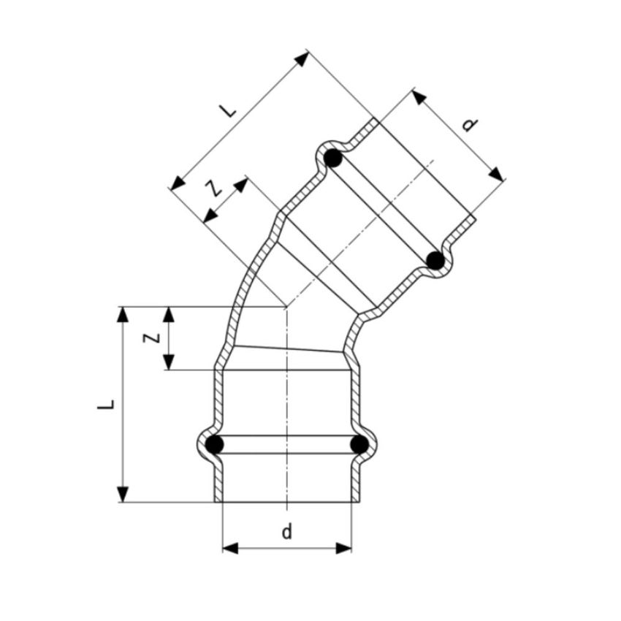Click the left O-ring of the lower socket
pyautogui.click(x=214, y=444)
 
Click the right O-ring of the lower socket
pyautogui.click(x=359, y=444)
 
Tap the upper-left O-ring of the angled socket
pyautogui.click(x=332, y=157)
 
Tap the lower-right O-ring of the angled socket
pyautogui.click(x=435, y=260)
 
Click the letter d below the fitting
pyautogui.click(x=286, y=532)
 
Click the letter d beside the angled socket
pyautogui.click(x=470, y=125)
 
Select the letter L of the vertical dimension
pyautogui.click(x=107, y=404)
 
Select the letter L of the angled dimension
pyautogui.click(x=229, y=111)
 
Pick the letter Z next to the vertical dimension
pyautogui.click(x=149, y=338)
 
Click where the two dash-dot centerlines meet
pyautogui.click(x=286, y=307)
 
